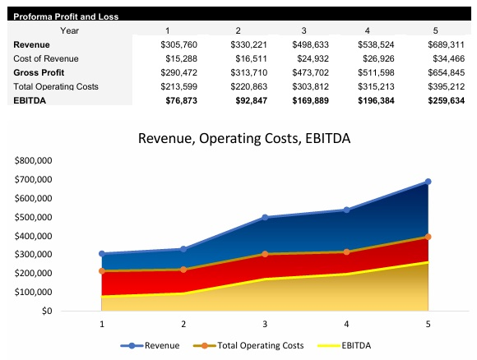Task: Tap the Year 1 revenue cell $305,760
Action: click(178, 44)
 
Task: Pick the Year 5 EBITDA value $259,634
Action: click(447, 100)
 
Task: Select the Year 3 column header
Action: click(304, 30)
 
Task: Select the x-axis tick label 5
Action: click(428, 324)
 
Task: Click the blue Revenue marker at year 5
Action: click(428, 182)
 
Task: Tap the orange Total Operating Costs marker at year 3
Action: click(265, 254)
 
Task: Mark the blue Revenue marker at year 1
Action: click(102, 254)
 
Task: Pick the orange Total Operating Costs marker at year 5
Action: click(428, 237)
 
